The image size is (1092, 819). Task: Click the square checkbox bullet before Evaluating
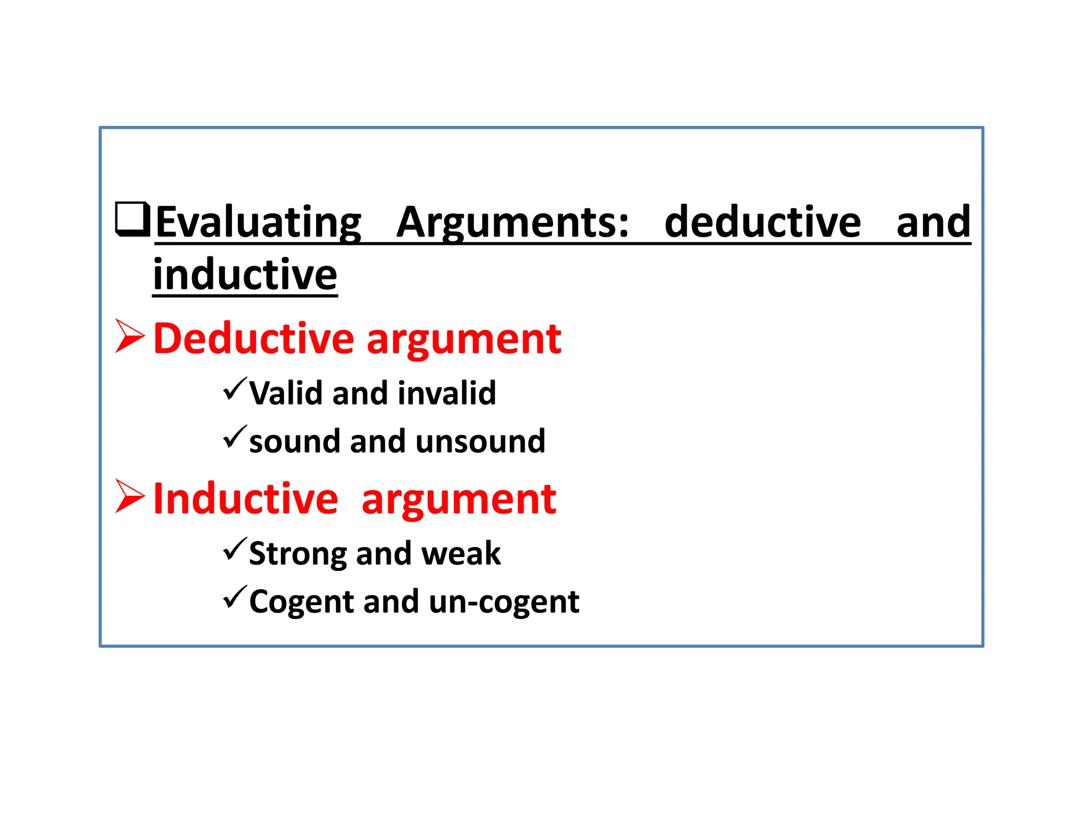pyautogui.click(x=132, y=219)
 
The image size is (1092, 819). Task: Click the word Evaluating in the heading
pyautogui.click(x=259, y=222)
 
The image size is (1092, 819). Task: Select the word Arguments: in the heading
pyautogui.click(x=512, y=222)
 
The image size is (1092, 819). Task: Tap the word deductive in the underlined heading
pyautogui.click(x=762, y=222)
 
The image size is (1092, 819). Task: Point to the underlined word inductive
pyautogui.click(x=245, y=275)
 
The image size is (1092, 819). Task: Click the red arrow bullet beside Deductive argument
pyautogui.click(x=130, y=336)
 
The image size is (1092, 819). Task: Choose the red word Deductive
pyautogui.click(x=254, y=339)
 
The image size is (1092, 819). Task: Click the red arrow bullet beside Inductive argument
pyautogui.click(x=130, y=496)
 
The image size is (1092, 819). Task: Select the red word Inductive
pyautogui.click(x=246, y=499)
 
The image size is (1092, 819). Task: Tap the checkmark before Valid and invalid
pyautogui.click(x=235, y=389)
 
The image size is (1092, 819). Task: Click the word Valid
pyautogui.click(x=286, y=394)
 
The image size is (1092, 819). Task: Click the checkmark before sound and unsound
pyautogui.click(x=235, y=437)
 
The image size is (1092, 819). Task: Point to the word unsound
pyautogui.click(x=480, y=441)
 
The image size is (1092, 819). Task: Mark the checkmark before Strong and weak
pyautogui.click(x=235, y=549)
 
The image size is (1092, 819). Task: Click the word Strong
pyautogui.click(x=298, y=554)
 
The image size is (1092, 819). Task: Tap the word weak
pyautogui.click(x=461, y=554)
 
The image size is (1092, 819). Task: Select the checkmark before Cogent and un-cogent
pyautogui.click(x=235, y=597)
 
